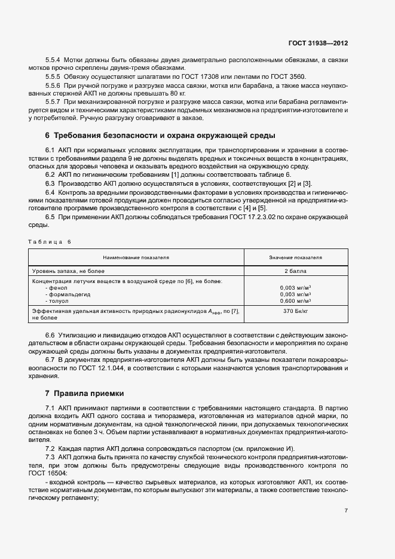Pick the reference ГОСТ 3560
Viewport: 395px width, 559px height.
(284, 77)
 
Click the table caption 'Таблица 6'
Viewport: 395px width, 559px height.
(49, 241)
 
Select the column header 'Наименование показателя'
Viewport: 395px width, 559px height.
(136, 257)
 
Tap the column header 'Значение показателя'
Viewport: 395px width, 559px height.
(295, 257)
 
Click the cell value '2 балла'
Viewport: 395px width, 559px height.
(295, 271)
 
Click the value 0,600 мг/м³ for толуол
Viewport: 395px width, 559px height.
(295, 300)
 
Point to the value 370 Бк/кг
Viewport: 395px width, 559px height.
(295, 311)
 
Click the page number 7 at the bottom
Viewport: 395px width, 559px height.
(346, 511)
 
